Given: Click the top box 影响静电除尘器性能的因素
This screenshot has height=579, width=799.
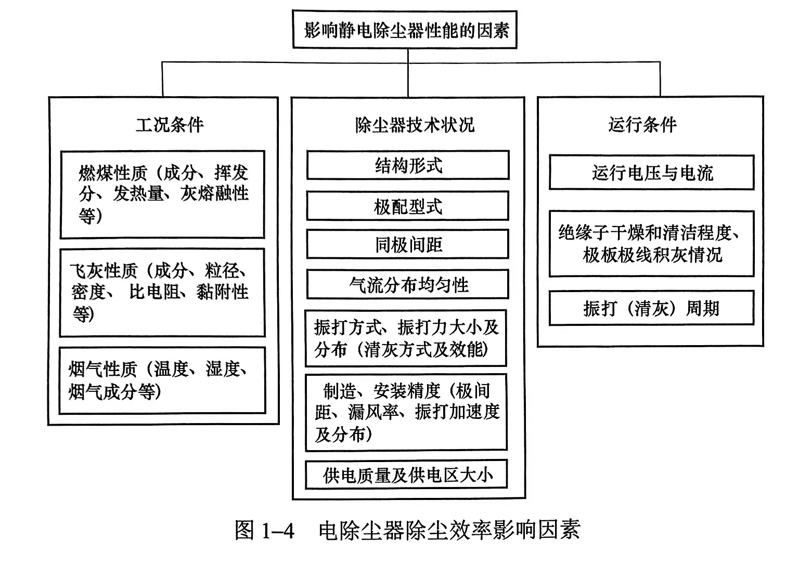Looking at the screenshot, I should (x=405, y=30).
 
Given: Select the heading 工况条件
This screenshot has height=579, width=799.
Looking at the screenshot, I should (x=170, y=125).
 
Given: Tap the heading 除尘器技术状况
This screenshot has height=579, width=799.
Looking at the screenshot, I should (x=415, y=125).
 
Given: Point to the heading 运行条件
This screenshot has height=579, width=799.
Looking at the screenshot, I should (x=642, y=125).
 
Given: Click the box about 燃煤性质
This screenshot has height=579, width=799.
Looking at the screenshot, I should (x=162, y=194).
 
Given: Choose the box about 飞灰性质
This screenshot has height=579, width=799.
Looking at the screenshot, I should (x=162, y=292).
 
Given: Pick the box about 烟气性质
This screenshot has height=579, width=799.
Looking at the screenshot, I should (x=162, y=380).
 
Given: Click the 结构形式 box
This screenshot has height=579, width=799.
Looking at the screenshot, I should (x=408, y=166).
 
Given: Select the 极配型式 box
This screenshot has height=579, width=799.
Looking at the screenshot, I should (x=408, y=206).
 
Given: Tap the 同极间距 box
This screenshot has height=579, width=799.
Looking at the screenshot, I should (x=408, y=245).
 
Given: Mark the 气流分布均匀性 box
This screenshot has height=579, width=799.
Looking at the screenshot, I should (x=408, y=285).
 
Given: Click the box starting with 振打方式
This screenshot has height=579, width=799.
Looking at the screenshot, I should (x=406, y=338).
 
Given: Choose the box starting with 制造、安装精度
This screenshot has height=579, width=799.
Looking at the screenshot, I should (x=406, y=412).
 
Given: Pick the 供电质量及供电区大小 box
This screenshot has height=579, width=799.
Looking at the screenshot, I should (x=406, y=475).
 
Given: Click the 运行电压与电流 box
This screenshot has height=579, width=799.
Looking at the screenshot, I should (x=651, y=173).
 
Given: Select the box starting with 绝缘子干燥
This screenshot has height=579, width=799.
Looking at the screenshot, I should (x=651, y=244).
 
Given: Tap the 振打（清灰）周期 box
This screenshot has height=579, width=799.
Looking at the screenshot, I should (x=651, y=309).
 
